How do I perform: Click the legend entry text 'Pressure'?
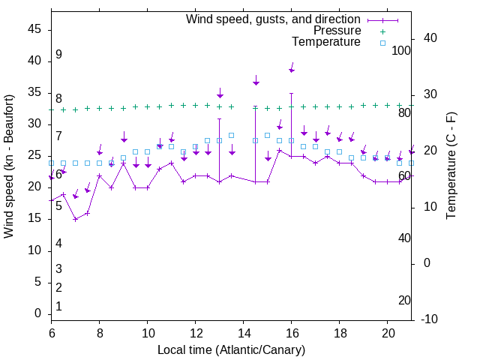(337, 31)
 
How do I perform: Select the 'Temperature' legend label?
(326, 42)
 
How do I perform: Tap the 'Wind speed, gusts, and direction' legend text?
(273, 19)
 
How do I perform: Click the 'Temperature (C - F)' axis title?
(451, 166)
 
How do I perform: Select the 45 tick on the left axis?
(35, 29)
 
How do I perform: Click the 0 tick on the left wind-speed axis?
(39, 314)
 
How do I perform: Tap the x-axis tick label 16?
(291, 332)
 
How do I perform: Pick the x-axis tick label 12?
(195, 332)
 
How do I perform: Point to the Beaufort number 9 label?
(58, 55)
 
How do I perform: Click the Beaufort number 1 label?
(58, 307)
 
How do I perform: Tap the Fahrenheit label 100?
(401, 50)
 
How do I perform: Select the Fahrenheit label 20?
(404, 301)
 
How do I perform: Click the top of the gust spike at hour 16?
(291, 93)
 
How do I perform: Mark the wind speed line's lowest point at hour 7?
(75, 219)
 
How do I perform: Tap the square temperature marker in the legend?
(382, 43)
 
